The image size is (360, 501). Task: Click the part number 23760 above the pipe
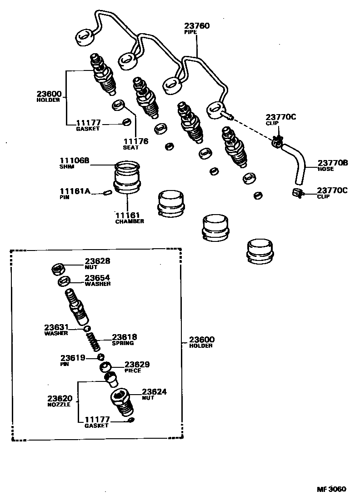pos(197,26)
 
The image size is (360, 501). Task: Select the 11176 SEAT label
pos(135,141)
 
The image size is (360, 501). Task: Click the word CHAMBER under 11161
pos(129,221)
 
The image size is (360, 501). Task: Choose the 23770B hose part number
pos(333,163)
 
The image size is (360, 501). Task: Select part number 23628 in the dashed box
pos(97,261)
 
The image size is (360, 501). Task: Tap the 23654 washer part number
pos(97,277)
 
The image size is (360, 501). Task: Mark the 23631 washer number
pos(56,327)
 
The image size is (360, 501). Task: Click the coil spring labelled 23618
pos(93,341)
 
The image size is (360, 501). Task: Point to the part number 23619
pos(73,358)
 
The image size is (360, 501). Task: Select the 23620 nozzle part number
pos(60,398)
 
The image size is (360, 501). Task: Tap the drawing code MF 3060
pos(331,489)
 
